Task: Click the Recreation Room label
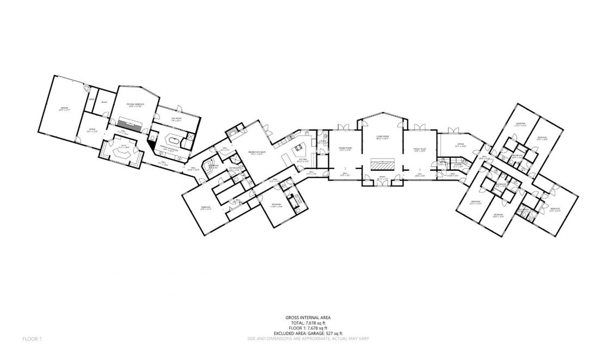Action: tap(257, 152)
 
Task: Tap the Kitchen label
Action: tap(302, 160)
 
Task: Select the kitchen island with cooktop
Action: tap(298, 148)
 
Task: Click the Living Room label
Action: tap(382, 137)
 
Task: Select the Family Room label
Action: tap(419, 149)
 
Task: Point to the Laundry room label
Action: tap(458, 166)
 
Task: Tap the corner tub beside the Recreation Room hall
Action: tap(207, 165)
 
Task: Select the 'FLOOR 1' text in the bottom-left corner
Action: tap(32, 339)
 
